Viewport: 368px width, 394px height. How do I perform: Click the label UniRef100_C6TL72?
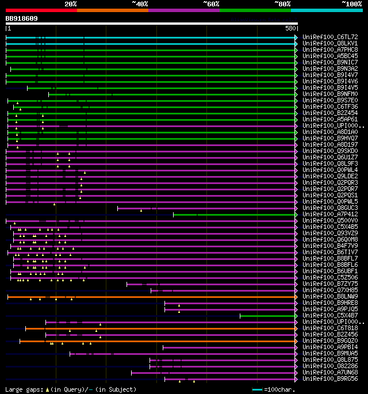pos(330,37)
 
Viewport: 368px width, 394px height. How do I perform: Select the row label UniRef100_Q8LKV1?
pos(330,43)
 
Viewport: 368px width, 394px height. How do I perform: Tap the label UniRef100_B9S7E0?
pos(330,100)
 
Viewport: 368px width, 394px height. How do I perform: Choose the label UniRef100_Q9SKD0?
pos(330,151)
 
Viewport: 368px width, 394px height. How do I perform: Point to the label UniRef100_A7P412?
pos(330,214)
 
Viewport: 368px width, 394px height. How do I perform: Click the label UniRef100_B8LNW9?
pos(330,296)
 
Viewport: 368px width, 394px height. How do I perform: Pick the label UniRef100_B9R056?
pos(330,378)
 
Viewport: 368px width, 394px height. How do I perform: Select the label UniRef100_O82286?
pos(330,366)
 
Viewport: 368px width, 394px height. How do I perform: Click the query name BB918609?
pos(22,18)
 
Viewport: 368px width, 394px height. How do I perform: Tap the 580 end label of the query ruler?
pos(290,28)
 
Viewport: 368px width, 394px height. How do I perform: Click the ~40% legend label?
pos(140,3)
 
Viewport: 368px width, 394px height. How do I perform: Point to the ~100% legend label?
pos(351,3)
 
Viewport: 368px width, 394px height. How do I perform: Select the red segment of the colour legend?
pos(41,10)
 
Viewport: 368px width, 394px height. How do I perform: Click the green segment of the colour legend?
pos(255,10)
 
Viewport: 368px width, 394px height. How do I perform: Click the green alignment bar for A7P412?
pos(235,215)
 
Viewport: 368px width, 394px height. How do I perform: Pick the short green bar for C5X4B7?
pos(267,316)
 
